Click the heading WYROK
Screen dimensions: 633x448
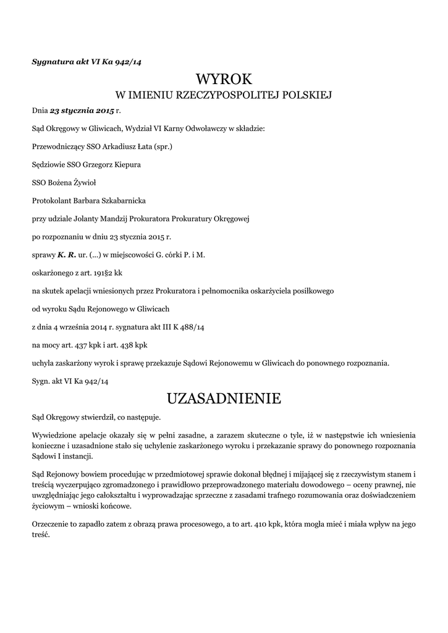coord(224,79)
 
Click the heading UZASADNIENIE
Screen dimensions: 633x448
coord(224,398)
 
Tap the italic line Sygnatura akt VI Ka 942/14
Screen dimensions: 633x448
coord(87,61)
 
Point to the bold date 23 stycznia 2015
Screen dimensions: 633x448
coord(82,112)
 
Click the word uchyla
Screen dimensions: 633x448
coord(43,362)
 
